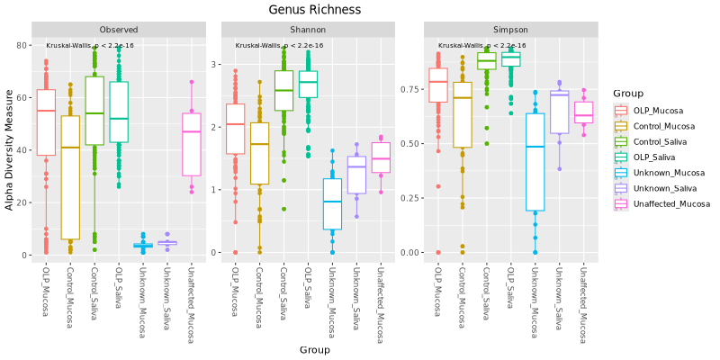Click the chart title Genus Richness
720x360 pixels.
(x=315, y=10)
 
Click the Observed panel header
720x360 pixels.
(x=120, y=29)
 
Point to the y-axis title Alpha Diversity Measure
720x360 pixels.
(x=10, y=149)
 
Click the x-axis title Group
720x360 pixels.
(x=315, y=349)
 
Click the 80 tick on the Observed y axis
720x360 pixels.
(x=22, y=45)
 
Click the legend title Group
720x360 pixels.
(x=625, y=93)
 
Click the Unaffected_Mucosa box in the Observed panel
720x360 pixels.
(x=191, y=144)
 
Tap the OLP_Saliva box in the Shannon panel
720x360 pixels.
(x=307, y=84)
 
